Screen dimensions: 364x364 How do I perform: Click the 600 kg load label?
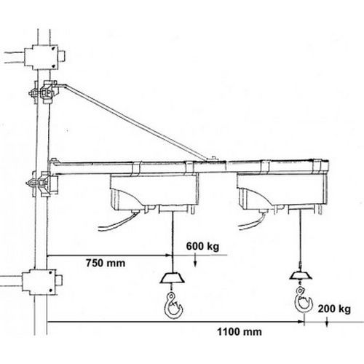pos(202,246)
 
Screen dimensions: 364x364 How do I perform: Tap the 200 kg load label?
pos(334,309)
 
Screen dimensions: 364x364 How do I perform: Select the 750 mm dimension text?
pos(106,263)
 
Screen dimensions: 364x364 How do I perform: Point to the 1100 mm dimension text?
pos(240,332)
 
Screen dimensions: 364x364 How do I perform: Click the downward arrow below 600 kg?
pos(195,260)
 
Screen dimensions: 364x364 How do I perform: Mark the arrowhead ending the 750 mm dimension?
pos(167,256)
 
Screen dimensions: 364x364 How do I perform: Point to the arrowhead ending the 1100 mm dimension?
pos(301,322)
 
